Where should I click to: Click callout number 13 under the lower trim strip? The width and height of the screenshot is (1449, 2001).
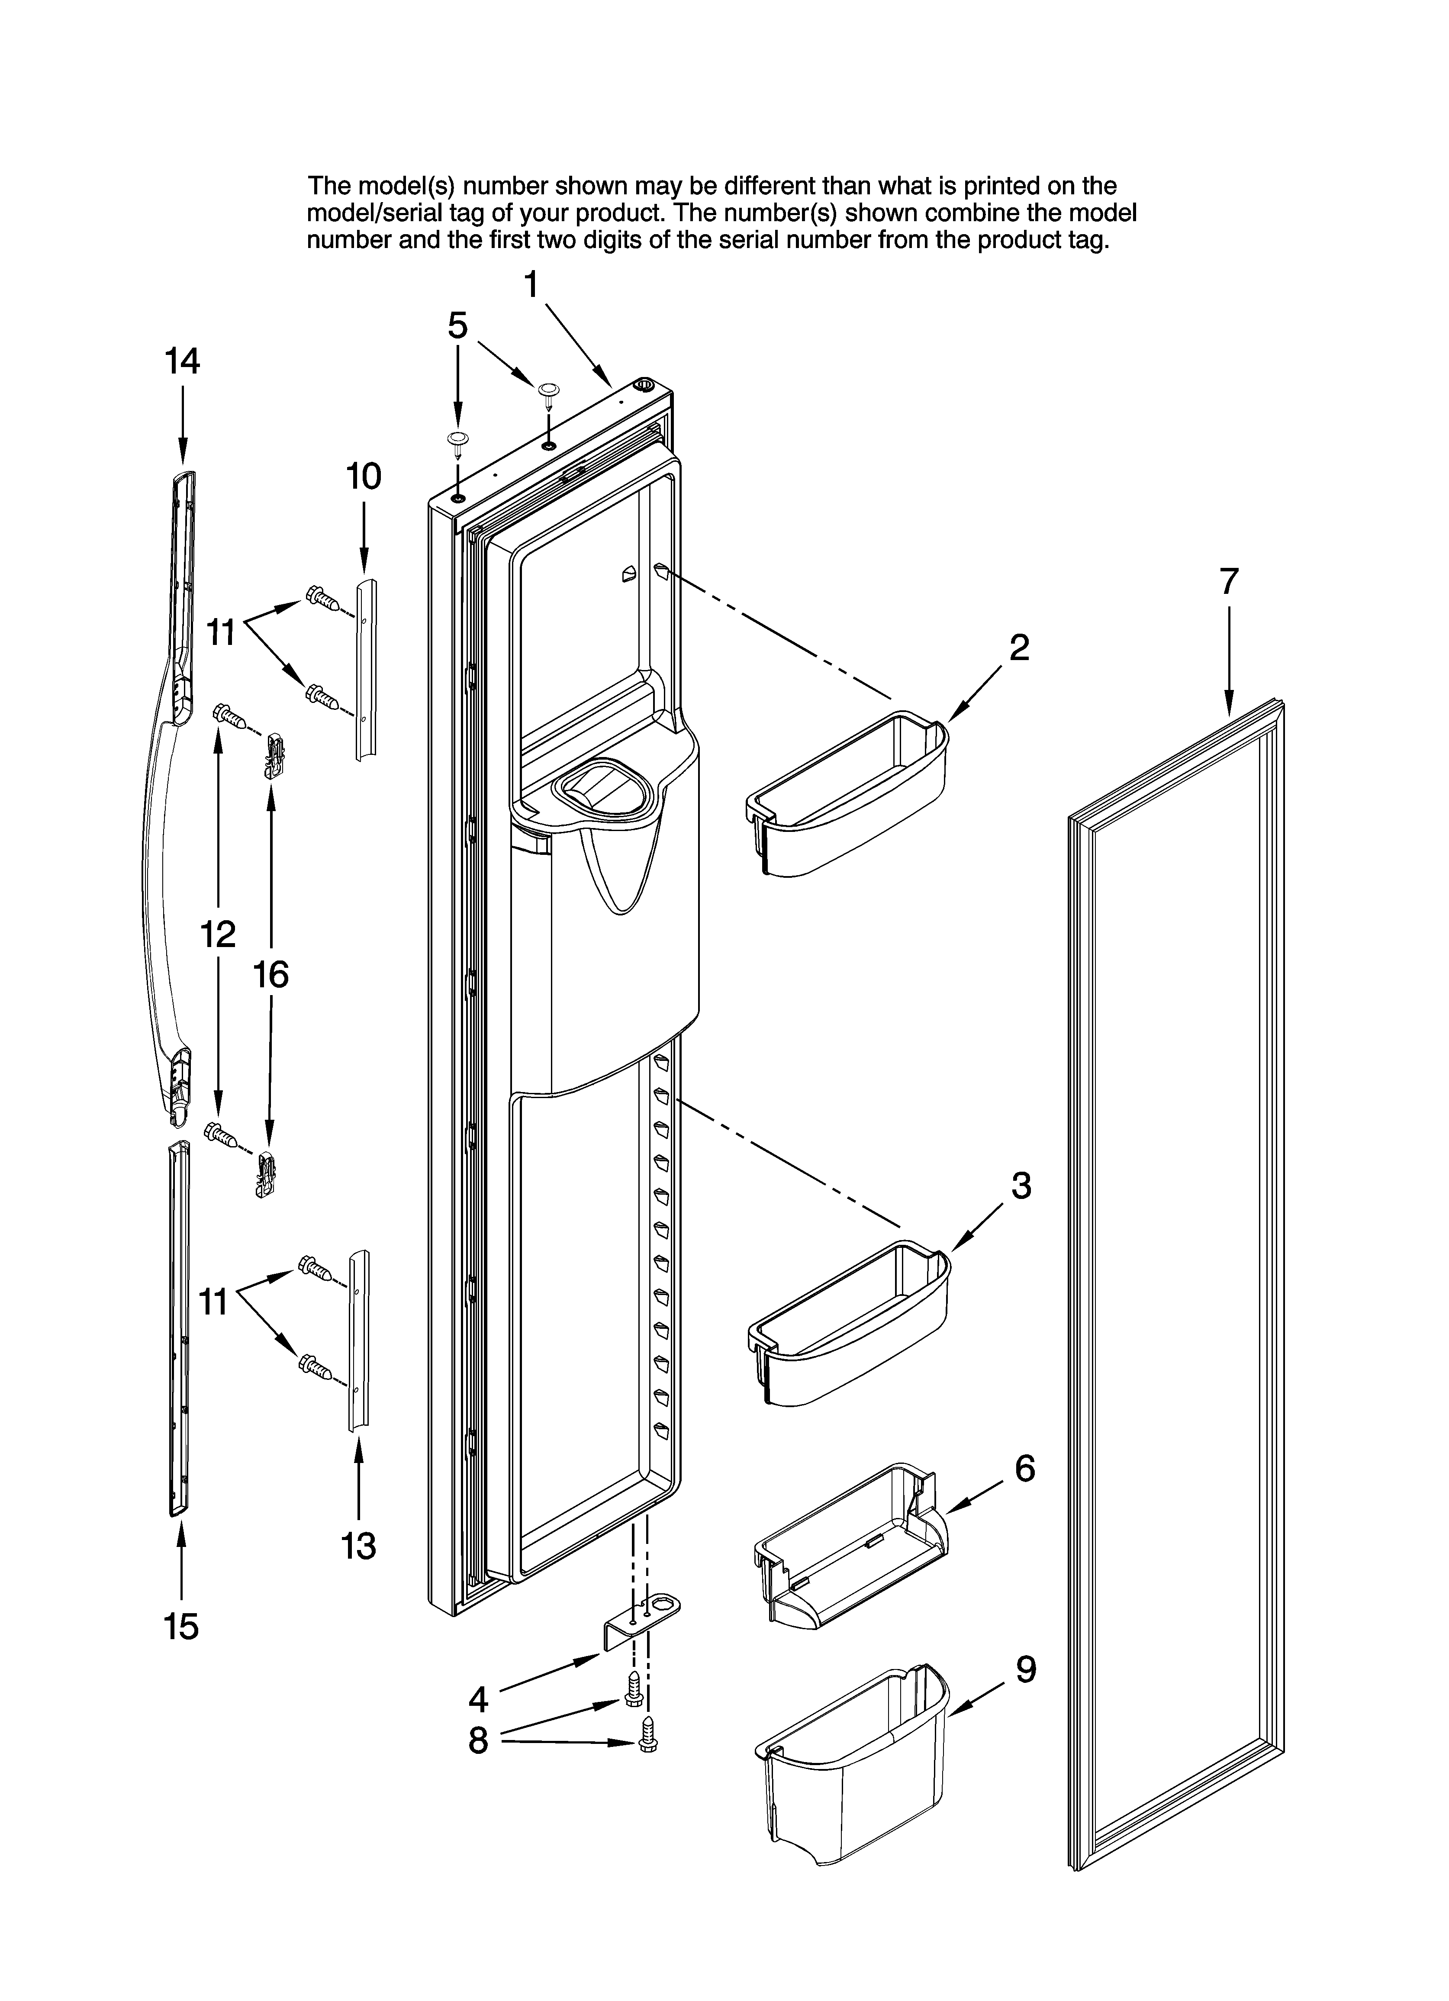(x=358, y=1546)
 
